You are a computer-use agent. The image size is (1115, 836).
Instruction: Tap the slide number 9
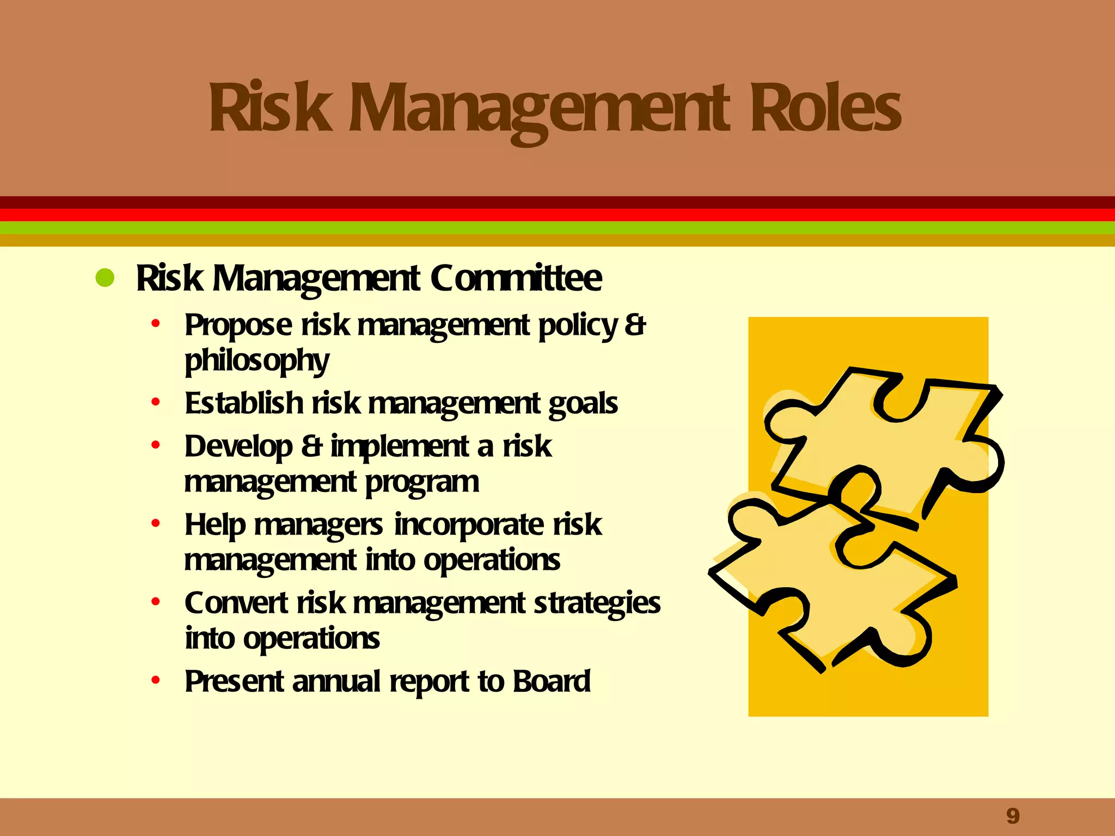(x=1013, y=816)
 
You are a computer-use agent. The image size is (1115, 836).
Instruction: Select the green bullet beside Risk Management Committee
(x=105, y=278)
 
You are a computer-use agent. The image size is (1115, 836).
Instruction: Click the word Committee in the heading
(x=516, y=279)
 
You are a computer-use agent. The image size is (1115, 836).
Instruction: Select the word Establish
(x=244, y=403)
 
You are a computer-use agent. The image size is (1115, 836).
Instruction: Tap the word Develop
(x=238, y=447)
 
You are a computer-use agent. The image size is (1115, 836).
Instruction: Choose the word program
(x=422, y=483)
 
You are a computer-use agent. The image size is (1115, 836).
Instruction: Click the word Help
(x=215, y=526)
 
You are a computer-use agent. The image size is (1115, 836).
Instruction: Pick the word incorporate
(x=469, y=526)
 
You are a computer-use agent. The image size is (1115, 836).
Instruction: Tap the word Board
(x=552, y=681)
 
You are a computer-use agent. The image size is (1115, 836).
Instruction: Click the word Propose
(x=238, y=326)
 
